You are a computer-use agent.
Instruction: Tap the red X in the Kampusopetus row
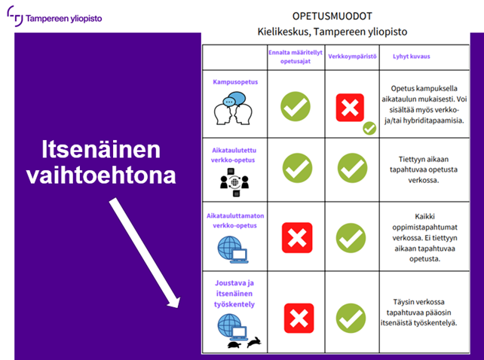click(350, 108)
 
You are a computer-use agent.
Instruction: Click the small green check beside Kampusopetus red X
click(369, 128)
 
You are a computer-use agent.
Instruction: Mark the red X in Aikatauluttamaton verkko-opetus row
click(296, 237)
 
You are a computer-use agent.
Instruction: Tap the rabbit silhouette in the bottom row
click(256, 343)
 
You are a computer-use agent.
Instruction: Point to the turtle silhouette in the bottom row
click(234, 344)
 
